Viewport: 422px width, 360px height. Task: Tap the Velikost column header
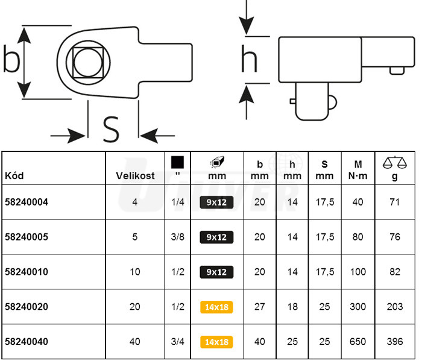[135, 176]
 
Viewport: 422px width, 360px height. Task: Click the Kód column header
[14, 176]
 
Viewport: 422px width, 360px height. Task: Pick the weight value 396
[395, 342]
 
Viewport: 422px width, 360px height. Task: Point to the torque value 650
[358, 342]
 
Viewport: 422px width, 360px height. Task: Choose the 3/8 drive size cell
[177, 238]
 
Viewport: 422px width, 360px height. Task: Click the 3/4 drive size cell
[177, 342]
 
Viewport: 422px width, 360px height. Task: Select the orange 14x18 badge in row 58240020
[217, 307]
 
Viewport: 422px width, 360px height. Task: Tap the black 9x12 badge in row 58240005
[217, 238]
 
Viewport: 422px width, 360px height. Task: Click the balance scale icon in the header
[395, 162]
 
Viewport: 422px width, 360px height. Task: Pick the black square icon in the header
[177, 162]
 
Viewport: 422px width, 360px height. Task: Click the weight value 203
[395, 307]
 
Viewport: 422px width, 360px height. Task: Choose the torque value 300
[358, 307]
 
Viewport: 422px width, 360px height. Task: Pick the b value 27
[260, 307]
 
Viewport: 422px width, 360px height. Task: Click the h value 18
[292, 307]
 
